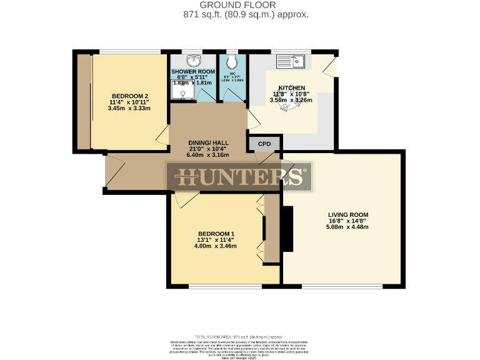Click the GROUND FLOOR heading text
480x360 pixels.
point(240,5)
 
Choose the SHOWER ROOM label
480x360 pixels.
point(193,72)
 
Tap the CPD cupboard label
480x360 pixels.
point(265,144)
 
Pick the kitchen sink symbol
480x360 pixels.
point(291,61)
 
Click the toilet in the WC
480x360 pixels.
point(232,62)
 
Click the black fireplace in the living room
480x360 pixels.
point(287,229)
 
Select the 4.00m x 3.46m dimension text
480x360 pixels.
point(216,246)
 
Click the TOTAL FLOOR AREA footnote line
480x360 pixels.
point(240,337)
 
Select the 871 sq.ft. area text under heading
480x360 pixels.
point(240,14)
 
